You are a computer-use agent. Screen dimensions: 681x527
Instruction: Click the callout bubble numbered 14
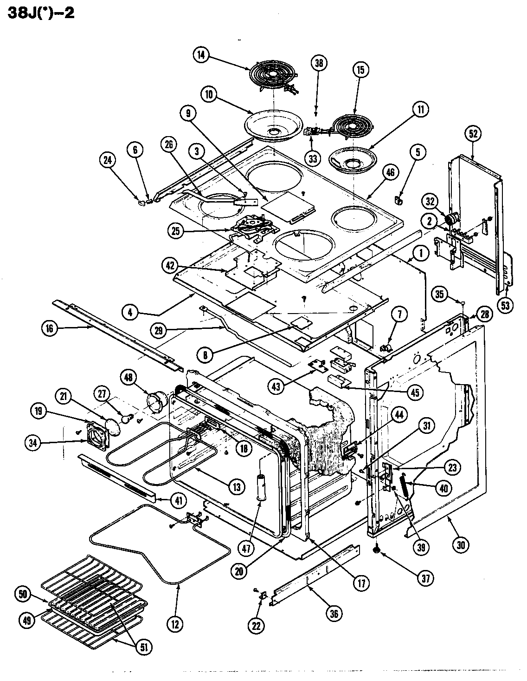tap(200, 55)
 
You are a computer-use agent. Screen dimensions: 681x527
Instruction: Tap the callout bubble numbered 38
tap(319, 63)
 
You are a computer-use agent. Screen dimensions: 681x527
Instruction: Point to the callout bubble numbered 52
tap(473, 134)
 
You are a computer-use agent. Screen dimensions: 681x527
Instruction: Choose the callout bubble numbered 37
tap(425, 578)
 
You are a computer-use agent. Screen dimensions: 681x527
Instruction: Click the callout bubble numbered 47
tap(246, 548)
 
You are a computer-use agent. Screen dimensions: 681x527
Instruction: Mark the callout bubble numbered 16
tap(49, 328)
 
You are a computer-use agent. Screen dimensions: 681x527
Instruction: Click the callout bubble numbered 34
tap(32, 443)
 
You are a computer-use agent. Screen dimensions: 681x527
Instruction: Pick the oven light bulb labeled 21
tap(113, 423)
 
